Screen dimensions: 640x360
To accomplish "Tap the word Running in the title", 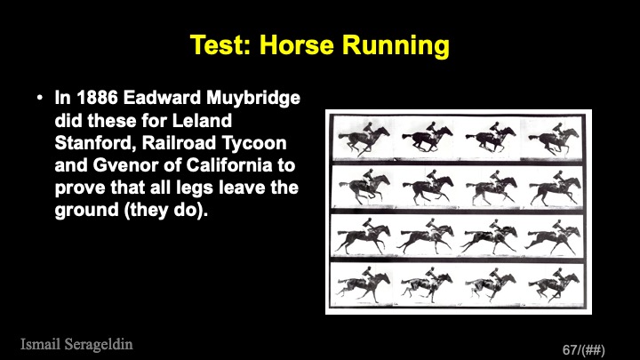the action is point(396,46).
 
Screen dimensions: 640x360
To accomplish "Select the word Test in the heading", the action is point(220,44).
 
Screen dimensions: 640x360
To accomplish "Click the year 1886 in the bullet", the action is point(97,98).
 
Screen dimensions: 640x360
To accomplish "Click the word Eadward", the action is point(162,98).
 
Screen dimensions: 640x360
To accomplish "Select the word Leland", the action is point(202,120).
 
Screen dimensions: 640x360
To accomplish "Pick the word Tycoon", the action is point(254,144).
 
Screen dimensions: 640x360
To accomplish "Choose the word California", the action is point(229,165).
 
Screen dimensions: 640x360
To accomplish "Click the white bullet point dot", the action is point(40,98).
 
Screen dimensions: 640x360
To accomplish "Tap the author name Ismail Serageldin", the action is point(76,345).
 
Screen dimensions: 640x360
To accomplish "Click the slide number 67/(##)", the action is point(584,350).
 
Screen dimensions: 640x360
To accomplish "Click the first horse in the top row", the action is point(364,138).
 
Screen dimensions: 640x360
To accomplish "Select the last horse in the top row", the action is point(554,138).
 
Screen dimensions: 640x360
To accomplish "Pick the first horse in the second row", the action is point(364,186).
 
